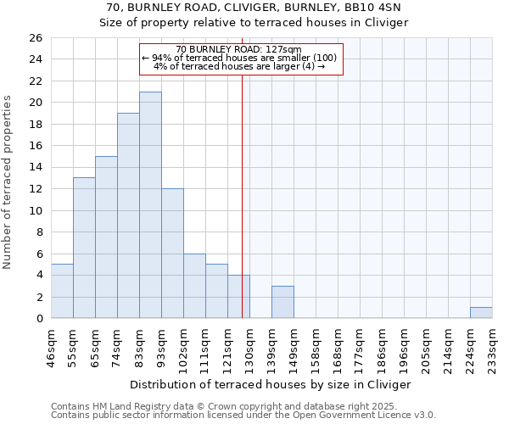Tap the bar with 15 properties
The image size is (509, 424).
(x=106, y=237)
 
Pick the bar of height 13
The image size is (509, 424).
(x=84, y=248)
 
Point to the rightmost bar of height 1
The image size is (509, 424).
(x=481, y=312)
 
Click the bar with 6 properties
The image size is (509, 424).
(x=194, y=286)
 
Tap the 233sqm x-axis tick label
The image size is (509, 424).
(x=492, y=348)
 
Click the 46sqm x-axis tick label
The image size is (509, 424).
(x=51, y=348)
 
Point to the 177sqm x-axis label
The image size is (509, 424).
(x=360, y=348)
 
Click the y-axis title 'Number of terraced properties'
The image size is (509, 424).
(x=8, y=182)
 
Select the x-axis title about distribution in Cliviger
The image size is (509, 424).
(x=271, y=384)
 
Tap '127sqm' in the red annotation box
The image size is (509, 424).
(x=284, y=49)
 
